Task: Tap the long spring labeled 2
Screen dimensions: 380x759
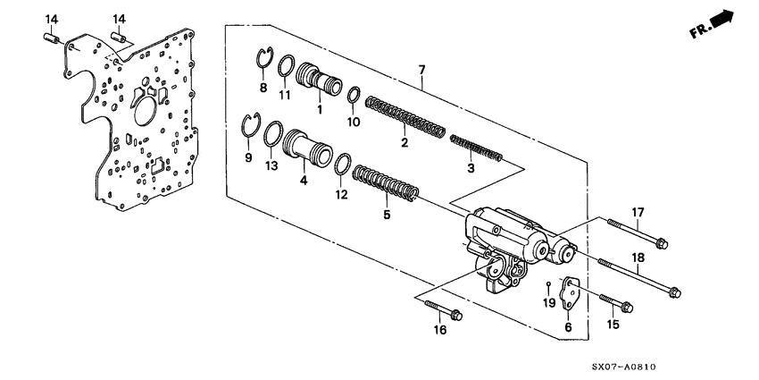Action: pyautogui.click(x=406, y=118)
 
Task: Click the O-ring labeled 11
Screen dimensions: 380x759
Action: pyautogui.click(x=286, y=67)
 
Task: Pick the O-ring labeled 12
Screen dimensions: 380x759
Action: pyautogui.click(x=342, y=164)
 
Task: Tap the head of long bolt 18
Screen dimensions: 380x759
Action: pyautogui.click(x=674, y=291)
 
